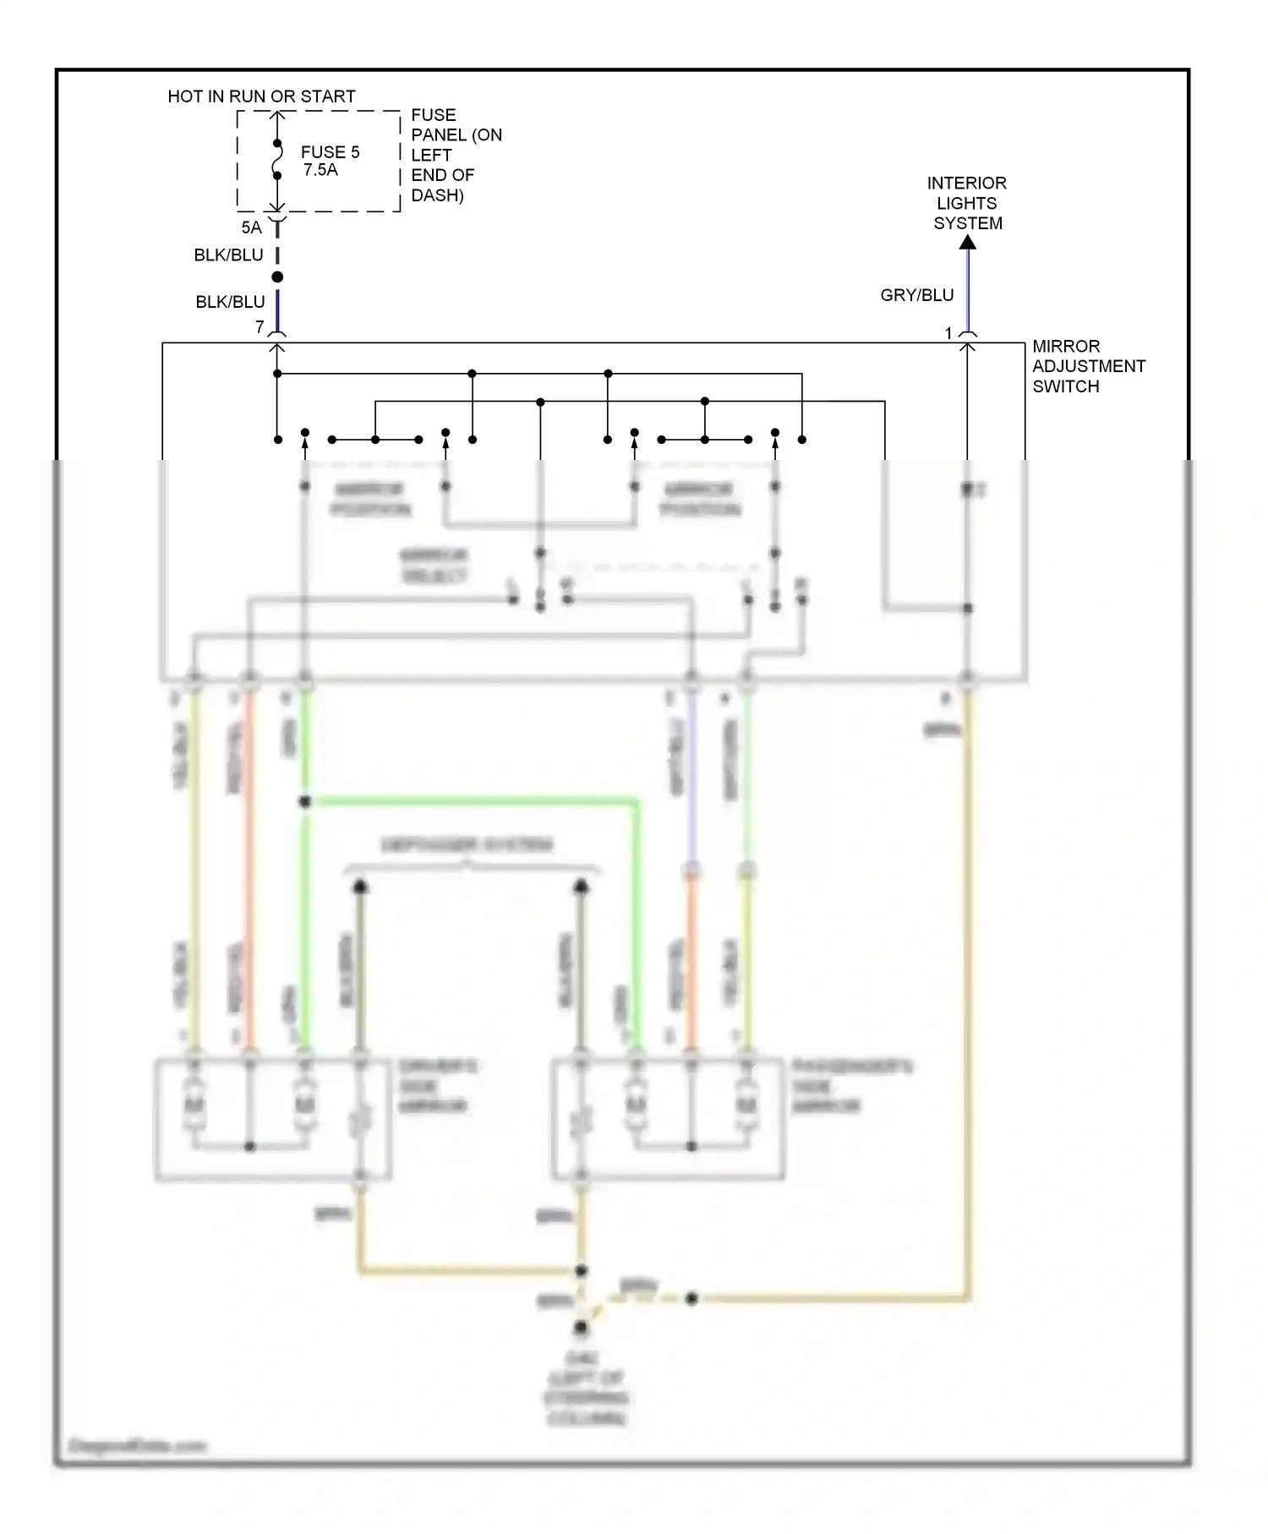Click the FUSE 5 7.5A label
click(329, 161)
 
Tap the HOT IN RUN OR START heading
click(261, 96)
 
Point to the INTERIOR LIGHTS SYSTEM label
click(967, 203)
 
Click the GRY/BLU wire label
click(916, 295)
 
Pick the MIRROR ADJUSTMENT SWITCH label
click(1088, 366)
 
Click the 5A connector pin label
click(251, 227)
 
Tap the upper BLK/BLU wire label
click(228, 255)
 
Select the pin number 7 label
click(260, 326)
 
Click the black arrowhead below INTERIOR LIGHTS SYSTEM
click(968, 242)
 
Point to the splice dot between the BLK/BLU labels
click(277, 277)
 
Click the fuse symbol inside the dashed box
click(277, 160)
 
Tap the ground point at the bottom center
click(581, 1329)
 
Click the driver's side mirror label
click(437, 1086)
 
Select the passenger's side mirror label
click(850, 1086)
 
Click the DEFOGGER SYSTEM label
click(467, 844)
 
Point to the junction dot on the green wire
click(305, 801)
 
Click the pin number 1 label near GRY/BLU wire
click(948, 333)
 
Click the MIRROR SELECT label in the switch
click(434, 565)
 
